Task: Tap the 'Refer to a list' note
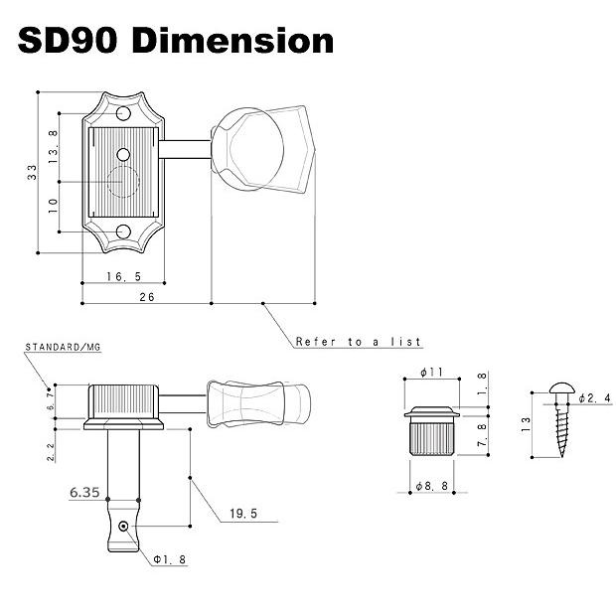click(x=359, y=342)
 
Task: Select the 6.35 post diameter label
click(x=85, y=490)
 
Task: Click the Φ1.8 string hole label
click(x=169, y=559)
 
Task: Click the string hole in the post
click(x=122, y=528)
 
